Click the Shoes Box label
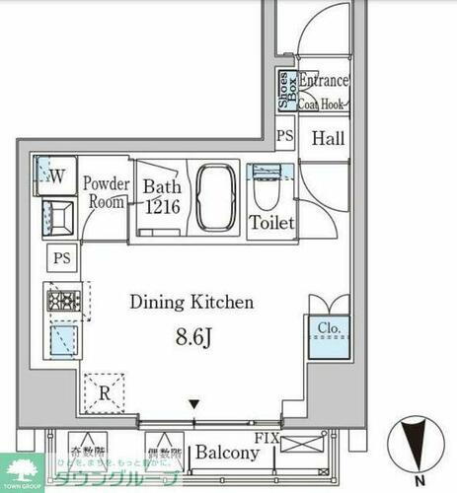283,91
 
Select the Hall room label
328,139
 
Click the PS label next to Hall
285,137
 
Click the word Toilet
271,224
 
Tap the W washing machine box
55,177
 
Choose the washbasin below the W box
56,217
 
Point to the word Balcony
226,453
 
